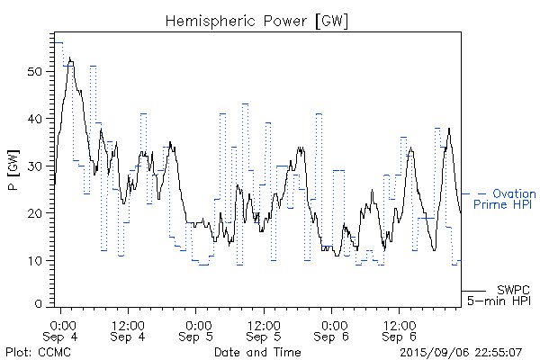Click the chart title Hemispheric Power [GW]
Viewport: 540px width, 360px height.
(257, 20)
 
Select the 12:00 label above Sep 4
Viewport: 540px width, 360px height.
(129, 323)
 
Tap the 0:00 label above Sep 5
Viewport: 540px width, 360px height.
(198, 323)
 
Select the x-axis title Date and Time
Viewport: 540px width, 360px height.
(257, 351)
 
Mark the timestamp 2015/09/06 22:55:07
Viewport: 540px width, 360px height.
(461, 351)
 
